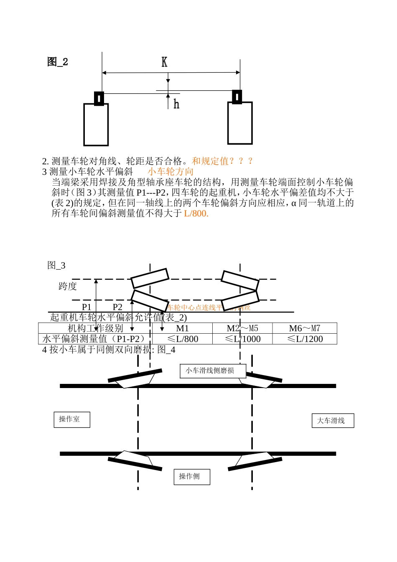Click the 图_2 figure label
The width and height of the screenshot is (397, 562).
pyautogui.click(x=58, y=62)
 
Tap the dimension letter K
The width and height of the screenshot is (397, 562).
pyautogui.click(x=164, y=62)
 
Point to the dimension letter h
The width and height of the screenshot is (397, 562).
pyautogui.click(x=176, y=104)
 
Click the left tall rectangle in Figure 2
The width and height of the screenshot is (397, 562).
pyautogui.click(x=96, y=124)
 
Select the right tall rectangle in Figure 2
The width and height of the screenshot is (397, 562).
pyautogui.click(x=240, y=123)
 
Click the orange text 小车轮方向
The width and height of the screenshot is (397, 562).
pyautogui.click(x=171, y=171)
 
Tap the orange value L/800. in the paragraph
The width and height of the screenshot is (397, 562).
pyautogui.click(x=196, y=213)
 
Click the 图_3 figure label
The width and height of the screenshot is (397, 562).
pyautogui.click(x=56, y=265)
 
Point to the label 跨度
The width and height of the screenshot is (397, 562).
pyautogui.click(x=68, y=286)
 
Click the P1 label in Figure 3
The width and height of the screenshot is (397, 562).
pyautogui.click(x=86, y=307)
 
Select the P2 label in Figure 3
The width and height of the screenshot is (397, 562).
pyautogui.click(x=117, y=307)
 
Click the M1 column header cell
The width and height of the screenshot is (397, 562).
pyautogui.click(x=182, y=328)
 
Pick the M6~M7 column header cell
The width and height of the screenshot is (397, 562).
pyautogui.click(x=304, y=328)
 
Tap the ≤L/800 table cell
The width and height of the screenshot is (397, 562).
pyautogui.click(x=182, y=339)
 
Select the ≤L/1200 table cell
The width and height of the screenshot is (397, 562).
pyautogui.click(x=304, y=339)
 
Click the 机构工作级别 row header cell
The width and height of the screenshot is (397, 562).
pyautogui.click(x=95, y=328)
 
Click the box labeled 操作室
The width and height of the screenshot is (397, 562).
pyautogui.click(x=72, y=419)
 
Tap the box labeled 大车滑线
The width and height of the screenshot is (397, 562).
pyautogui.click(x=333, y=421)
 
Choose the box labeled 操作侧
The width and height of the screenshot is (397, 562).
pyautogui.click(x=192, y=477)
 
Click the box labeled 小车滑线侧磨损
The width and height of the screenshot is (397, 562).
pyautogui.click(x=213, y=370)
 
